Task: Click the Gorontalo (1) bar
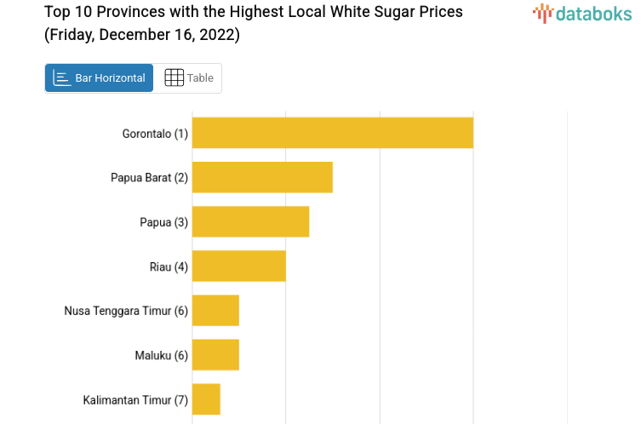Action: pos(332,133)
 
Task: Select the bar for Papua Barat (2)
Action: pos(262,177)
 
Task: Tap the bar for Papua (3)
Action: pos(250,221)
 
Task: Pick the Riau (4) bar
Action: pos(238,266)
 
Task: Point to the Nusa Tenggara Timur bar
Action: pos(215,311)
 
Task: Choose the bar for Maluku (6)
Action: pos(215,355)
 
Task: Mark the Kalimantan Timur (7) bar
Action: pos(206,399)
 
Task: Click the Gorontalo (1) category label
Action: pos(155,134)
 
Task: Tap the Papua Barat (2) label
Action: pos(149,178)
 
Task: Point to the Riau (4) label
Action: pos(169,266)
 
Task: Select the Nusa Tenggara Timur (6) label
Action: pos(126,311)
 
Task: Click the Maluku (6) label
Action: pos(161,355)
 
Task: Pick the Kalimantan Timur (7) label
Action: pos(135,399)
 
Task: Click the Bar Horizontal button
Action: pos(99,78)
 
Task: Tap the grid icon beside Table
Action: pos(174,78)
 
